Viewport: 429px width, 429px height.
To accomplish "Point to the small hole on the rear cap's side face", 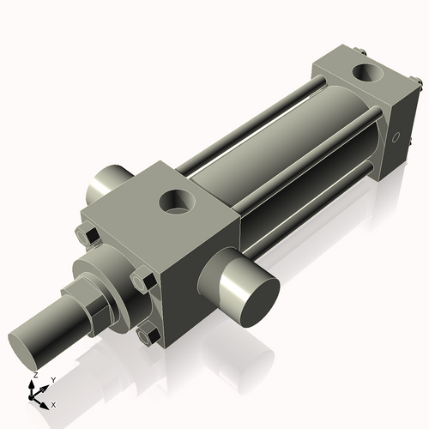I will pyautogui.click(x=396, y=137).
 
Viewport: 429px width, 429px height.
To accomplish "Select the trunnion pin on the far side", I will pyautogui.click(x=106, y=181).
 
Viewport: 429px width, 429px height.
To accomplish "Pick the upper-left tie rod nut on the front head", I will pyautogui.click(x=86, y=235).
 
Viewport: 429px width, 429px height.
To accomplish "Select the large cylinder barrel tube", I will pyautogui.click(x=275, y=154).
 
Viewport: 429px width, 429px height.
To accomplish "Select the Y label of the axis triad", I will pyautogui.click(x=53, y=379).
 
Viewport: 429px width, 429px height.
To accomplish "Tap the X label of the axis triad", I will pyautogui.click(x=54, y=403).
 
